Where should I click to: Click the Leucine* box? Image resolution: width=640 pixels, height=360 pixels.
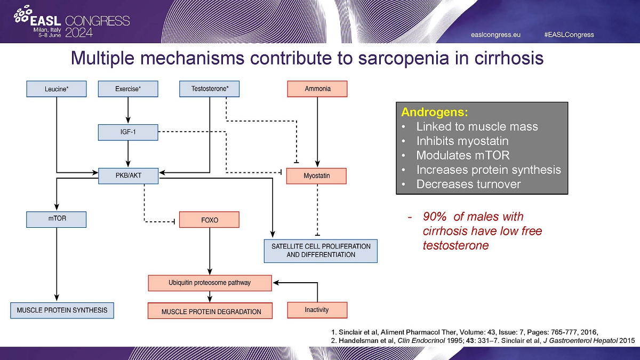[x=56, y=89]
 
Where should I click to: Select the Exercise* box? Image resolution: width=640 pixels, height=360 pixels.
[x=128, y=89]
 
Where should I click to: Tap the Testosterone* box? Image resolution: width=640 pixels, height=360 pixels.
[x=210, y=89]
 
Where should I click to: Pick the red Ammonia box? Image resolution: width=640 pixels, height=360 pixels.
[x=317, y=89]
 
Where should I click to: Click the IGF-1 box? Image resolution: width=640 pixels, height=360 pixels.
[x=128, y=132]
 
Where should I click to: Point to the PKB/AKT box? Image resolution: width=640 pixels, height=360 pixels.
[x=128, y=175]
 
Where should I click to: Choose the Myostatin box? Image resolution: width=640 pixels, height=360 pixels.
[x=317, y=176]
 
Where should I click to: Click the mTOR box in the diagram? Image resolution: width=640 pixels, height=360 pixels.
[x=56, y=219]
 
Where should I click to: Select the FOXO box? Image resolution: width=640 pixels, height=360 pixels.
[x=209, y=220]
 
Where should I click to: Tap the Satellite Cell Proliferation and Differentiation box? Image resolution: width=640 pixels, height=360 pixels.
[x=321, y=251]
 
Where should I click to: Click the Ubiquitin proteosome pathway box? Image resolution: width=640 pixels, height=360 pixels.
[x=210, y=283]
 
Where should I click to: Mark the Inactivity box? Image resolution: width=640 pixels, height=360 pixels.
[x=317, y=310]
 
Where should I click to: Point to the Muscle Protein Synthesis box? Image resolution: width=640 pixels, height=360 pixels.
[x=62, y=310]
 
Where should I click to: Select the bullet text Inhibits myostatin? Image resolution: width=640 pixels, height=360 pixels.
[x=462, y=141]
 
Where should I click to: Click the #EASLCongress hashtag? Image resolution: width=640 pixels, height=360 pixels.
[x=569, y=35]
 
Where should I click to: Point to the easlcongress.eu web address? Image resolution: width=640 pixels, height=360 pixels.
[x=495, y=35]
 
